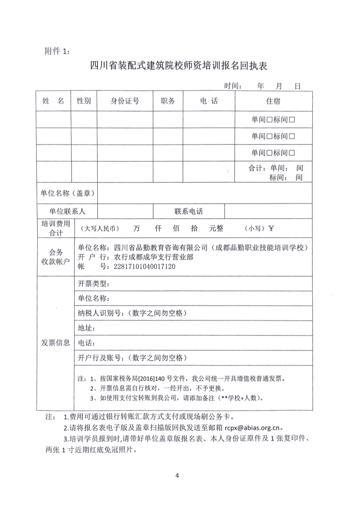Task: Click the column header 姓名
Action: click(53, 101)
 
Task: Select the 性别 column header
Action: click(84, 101)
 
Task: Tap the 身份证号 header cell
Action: click(125, 101)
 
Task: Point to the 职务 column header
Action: click(168, 101)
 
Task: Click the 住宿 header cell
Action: click(273, 101)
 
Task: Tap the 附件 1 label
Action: click(57, 51)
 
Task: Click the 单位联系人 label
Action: click(67, 212)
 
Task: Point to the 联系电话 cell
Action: click(189, 212)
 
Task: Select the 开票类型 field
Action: click(93, 284)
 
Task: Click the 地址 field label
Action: click(86, 328)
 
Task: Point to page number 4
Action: click(177, 475)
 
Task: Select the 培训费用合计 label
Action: click(53, 228)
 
